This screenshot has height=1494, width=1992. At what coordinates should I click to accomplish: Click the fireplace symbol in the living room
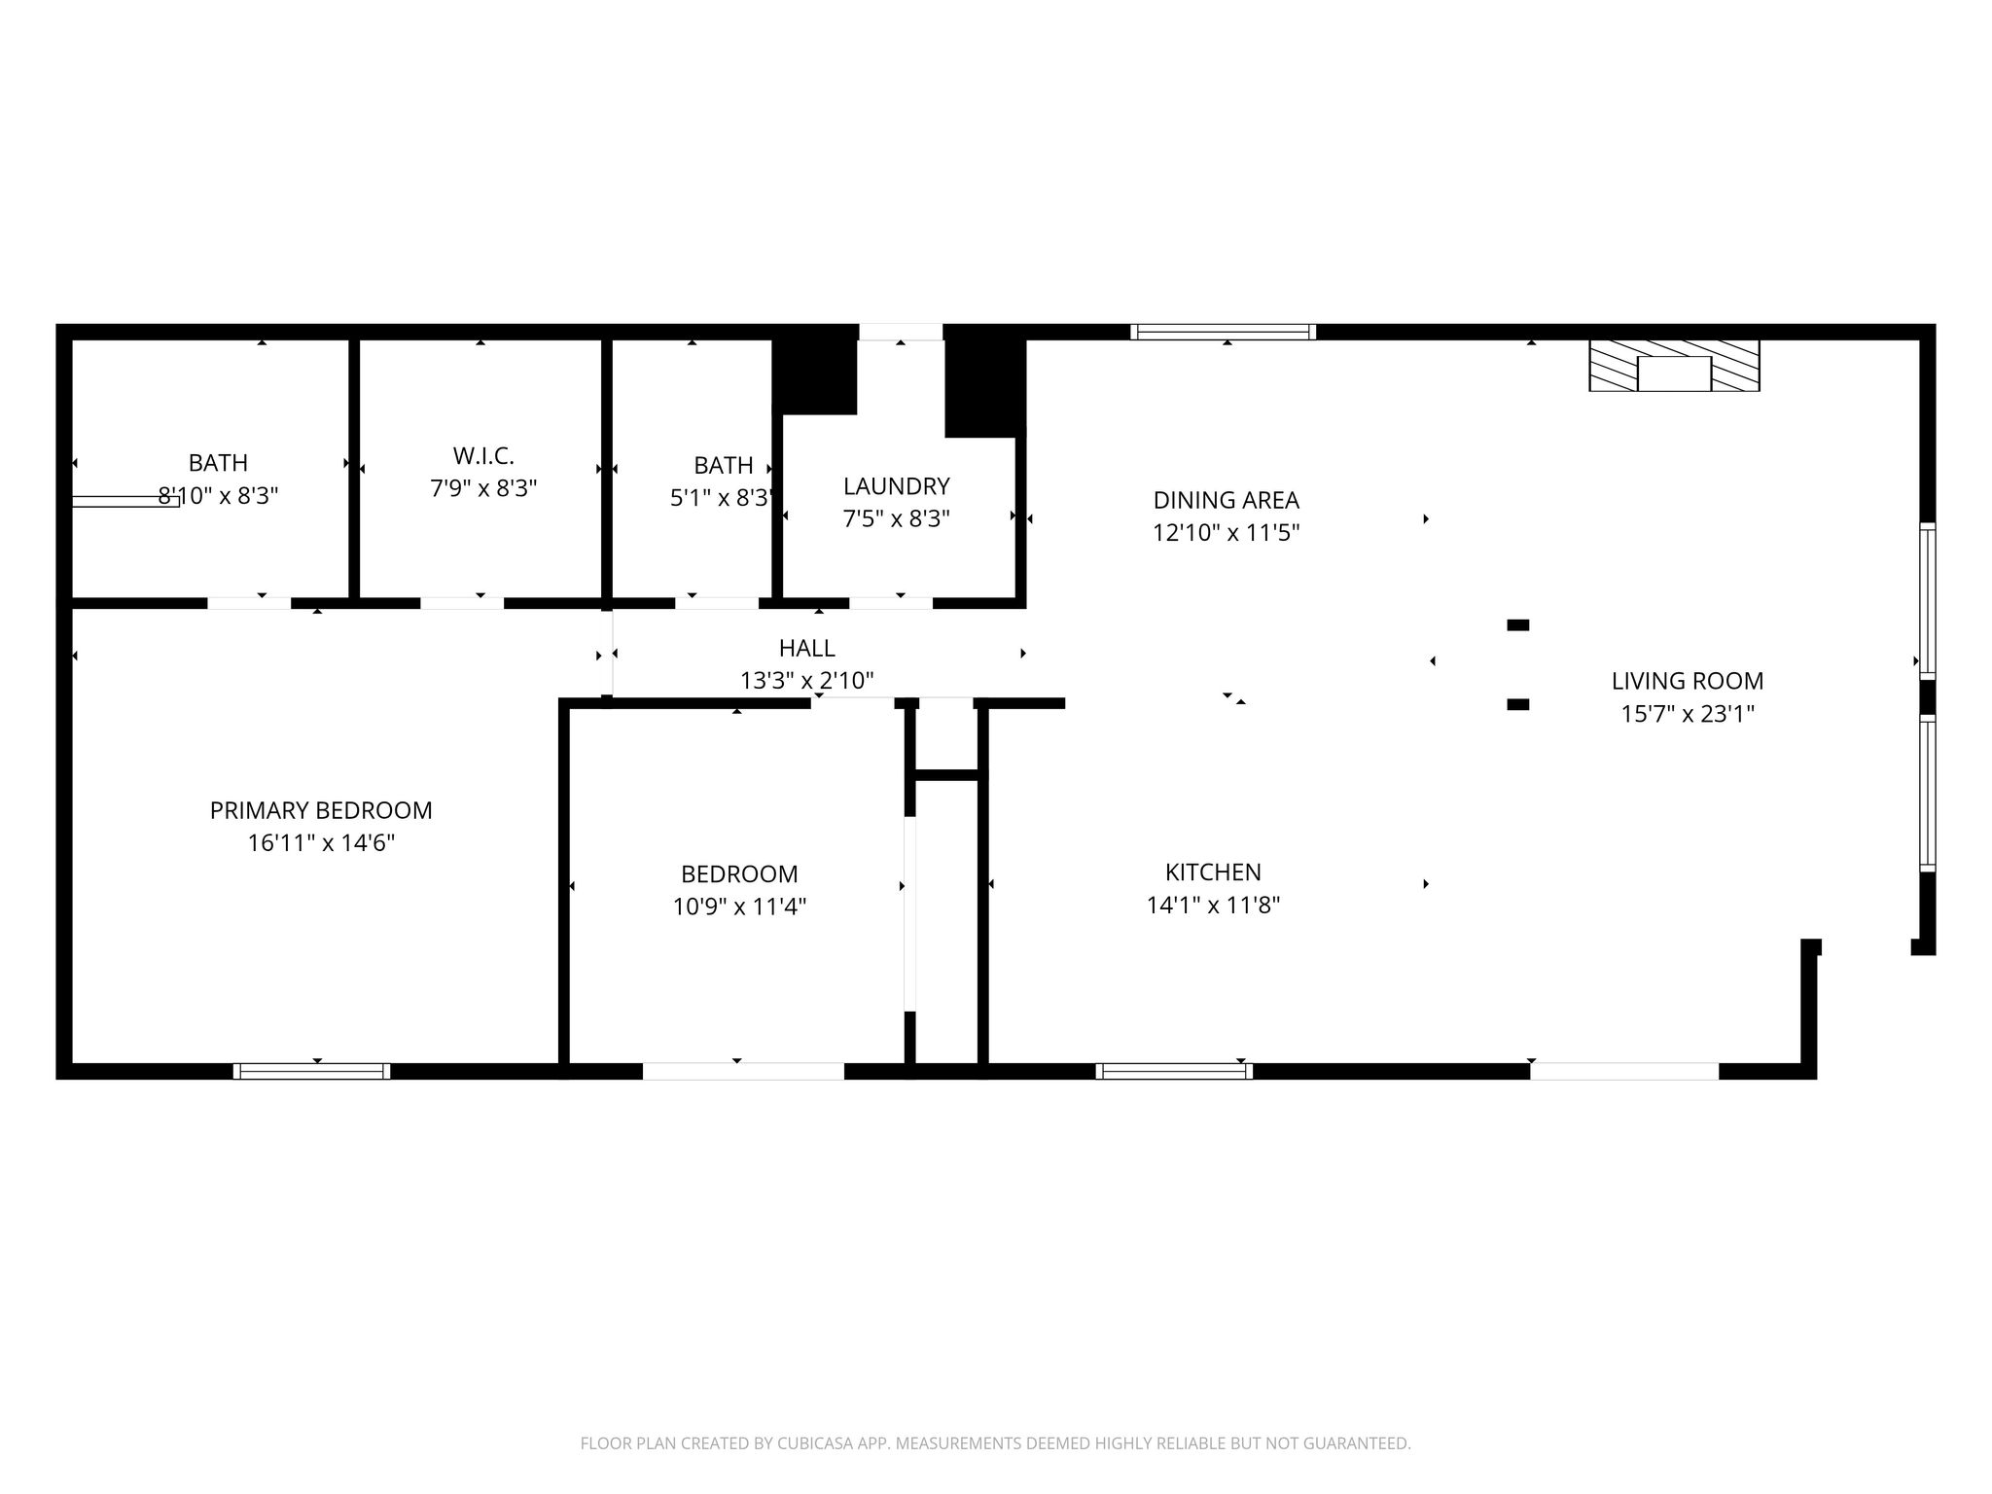click(1674, 366)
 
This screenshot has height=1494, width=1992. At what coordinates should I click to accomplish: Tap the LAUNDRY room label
click(896, 486)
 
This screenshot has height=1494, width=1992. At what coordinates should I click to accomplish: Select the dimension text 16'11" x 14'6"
click(321, 843)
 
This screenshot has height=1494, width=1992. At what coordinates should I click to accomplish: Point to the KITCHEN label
click(1213, 872)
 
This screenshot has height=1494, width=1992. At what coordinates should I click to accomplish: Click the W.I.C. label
click(483, 455)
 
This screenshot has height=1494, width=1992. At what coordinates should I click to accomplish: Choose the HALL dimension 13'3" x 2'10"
click(807, 681)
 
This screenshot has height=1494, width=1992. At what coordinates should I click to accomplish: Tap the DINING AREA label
click(1226, 500)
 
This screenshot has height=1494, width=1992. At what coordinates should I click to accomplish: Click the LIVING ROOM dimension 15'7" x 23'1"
click(1688, 714)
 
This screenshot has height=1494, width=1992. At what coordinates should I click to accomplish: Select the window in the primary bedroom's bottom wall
click(311, 1071)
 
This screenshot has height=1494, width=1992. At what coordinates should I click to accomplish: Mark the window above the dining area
click(1224, 332)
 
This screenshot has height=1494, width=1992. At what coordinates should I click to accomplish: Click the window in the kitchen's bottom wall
click(1174, 1071)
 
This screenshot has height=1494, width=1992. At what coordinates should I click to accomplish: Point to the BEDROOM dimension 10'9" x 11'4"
click(740, 907)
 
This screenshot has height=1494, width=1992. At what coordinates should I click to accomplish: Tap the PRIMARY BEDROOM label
click(321, 810)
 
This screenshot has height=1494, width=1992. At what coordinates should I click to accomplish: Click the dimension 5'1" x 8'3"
click(723, 498)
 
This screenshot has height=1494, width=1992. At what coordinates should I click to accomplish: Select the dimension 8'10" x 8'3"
click(218, 496)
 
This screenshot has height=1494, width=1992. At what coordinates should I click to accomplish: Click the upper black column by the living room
click(1518, 625)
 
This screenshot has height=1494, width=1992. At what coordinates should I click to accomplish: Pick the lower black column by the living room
click(1518, 704)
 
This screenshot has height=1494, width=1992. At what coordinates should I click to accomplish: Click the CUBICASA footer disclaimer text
click(995, 1443)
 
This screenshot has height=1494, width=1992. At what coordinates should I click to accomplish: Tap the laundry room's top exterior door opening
click(901, 332)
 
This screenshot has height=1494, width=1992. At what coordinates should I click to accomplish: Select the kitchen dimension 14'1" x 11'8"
click(1213, 906)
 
